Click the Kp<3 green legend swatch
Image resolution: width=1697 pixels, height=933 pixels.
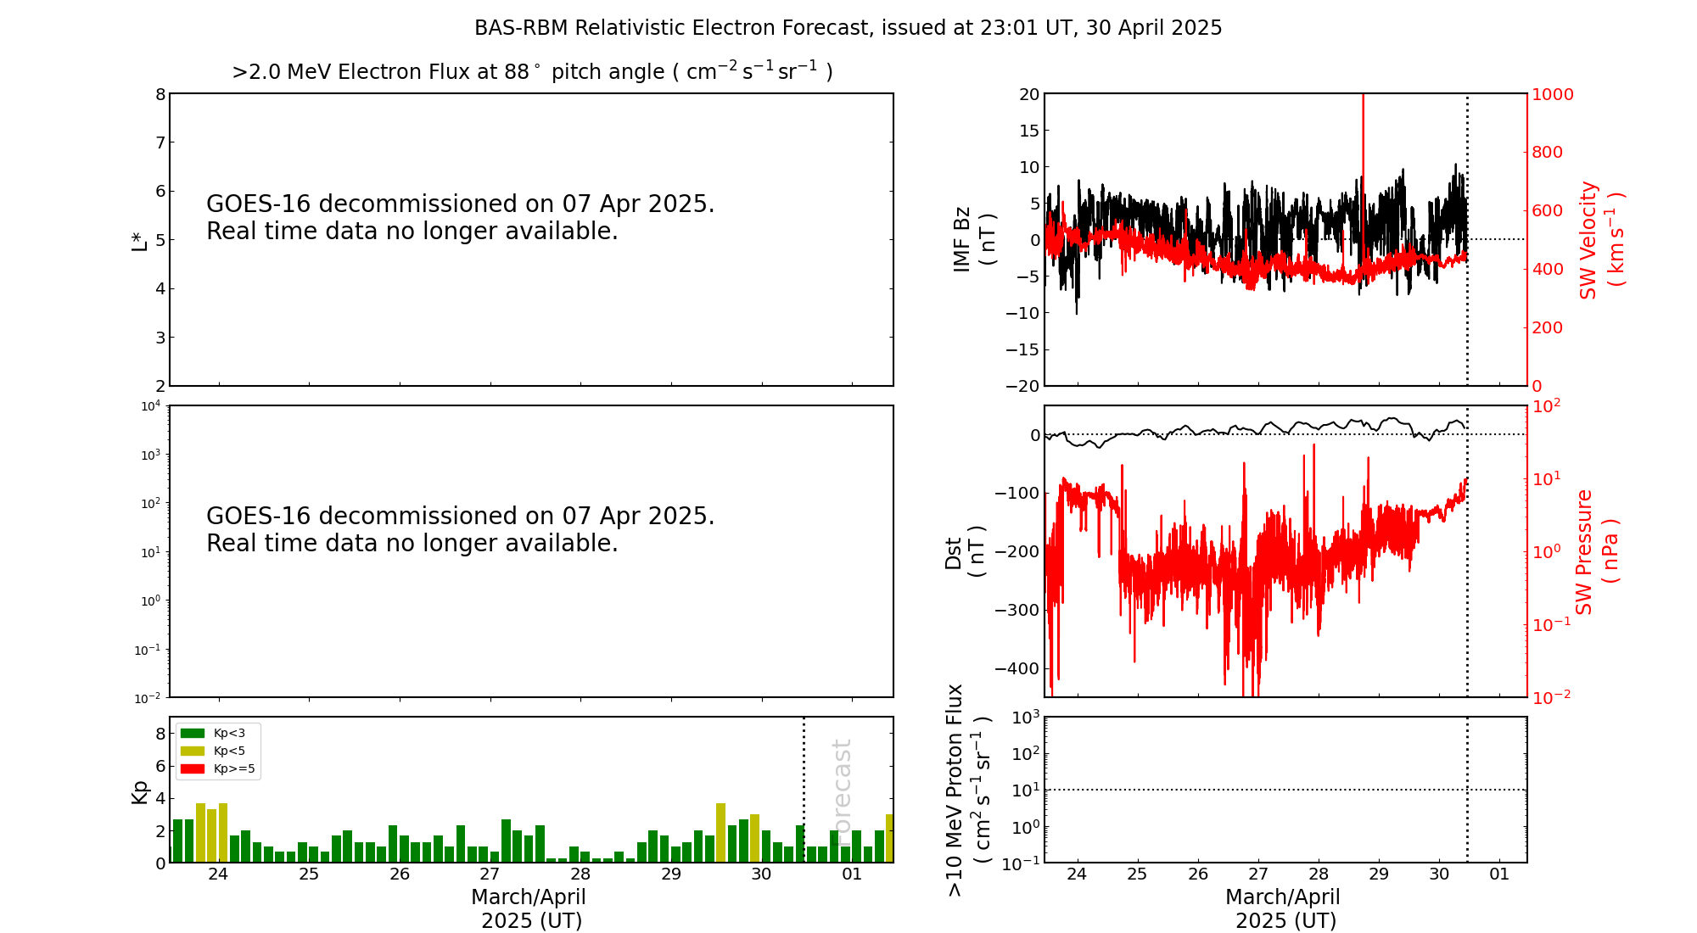click(193, 733)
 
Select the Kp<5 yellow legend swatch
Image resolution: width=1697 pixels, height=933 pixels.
click(193, 751)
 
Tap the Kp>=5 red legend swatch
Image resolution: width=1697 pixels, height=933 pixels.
click(193, 769)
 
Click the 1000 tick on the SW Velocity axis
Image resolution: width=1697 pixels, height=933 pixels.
click(1552, 94)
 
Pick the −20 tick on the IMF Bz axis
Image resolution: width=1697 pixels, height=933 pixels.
click(1022, 386)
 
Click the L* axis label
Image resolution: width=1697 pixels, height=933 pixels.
click(139, 240)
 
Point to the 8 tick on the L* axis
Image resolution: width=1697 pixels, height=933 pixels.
click(160, 94)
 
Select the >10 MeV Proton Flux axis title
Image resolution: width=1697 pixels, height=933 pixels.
click(968, 790)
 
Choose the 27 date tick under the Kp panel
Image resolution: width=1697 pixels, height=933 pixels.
click(490, 874)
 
